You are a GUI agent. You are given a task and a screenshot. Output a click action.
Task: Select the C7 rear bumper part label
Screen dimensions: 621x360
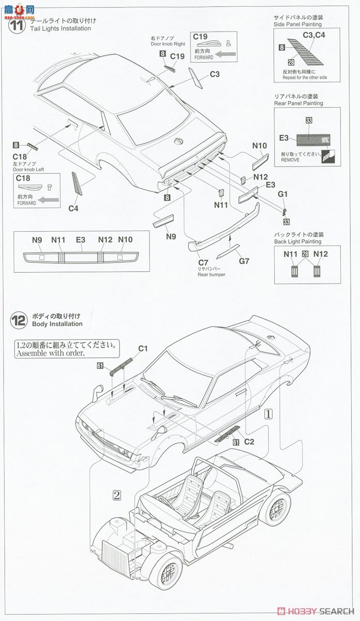(x=203, y=262)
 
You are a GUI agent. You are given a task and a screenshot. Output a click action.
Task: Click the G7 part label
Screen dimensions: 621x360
(x=244, y=261)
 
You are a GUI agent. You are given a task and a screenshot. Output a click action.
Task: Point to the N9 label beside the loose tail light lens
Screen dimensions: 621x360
(x=171, y=237)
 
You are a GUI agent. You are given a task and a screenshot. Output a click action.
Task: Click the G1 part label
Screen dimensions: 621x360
(x=282, y=194)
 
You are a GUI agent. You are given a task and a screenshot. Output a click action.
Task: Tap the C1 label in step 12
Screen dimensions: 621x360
(x=143, y=348)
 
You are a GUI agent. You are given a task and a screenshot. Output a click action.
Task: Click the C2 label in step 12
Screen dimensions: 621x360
(x=249, y=442)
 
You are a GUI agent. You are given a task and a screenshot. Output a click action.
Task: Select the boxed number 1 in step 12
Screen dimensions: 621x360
(x=268, y=413)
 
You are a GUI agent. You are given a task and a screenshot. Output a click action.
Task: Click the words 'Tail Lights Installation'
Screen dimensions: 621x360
(x=61, y=28)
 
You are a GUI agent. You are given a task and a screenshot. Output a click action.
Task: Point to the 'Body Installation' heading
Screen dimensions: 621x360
(x=57, y=324)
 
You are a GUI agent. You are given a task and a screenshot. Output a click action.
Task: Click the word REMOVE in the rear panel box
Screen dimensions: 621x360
(x=291, y=161)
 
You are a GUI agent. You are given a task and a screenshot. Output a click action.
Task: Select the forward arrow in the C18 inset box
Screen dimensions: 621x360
(x=50, y=198)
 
